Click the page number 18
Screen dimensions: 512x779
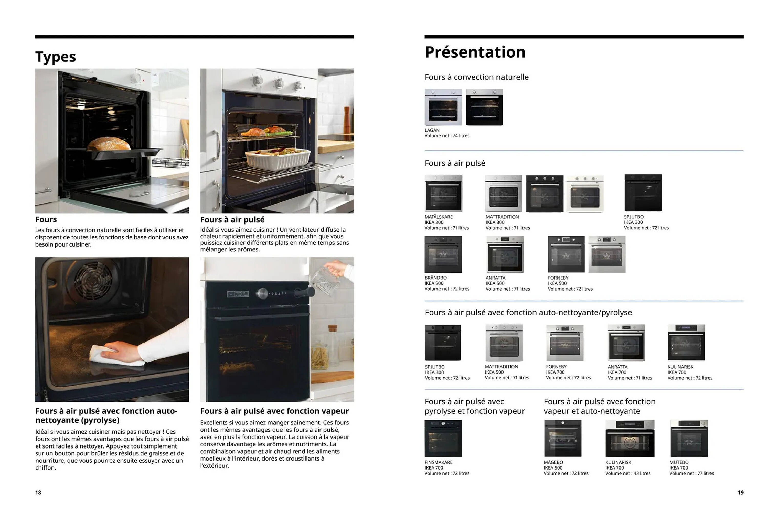tap(38, 492)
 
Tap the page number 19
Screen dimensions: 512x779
tap(740, 492)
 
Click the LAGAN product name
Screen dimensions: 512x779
tap(432, 130)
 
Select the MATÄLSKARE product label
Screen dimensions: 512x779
tap(439, 217)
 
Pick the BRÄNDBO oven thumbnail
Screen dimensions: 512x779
tap(443, 254)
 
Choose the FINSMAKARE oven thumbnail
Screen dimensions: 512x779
tap(443, 438)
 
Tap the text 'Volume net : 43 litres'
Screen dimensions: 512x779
tap(628, 473)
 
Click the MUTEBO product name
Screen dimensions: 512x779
tap(679, 462)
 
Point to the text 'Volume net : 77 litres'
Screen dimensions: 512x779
tap(692, 473)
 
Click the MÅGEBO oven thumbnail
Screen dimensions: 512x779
tap(563, 438)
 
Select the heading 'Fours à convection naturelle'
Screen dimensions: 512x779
tap(477, 77)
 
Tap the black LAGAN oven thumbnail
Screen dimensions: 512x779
tap(484, 107)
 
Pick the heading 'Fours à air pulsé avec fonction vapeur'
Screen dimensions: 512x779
tap(274, 411)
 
